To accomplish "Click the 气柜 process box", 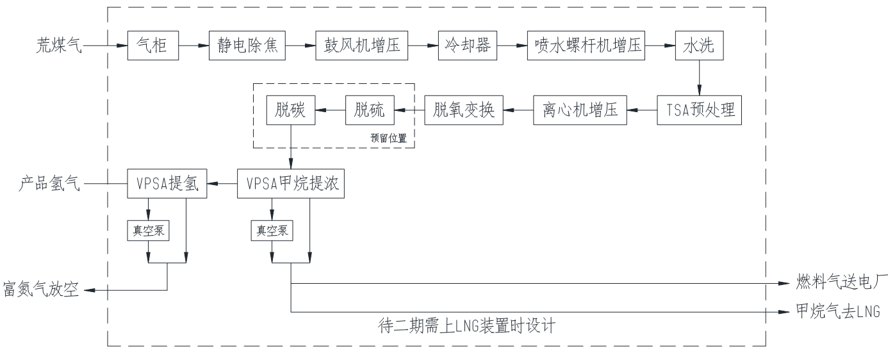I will click(152, 45).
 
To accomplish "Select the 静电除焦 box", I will click(247, 45).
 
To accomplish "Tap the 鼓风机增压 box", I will click(361, 45).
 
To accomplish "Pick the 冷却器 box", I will click(468, 45).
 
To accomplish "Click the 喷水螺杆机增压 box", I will click(586, 45).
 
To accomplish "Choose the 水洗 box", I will click(699, 45).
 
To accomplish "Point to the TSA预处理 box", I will click(699, 110).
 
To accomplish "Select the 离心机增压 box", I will click(580, 110).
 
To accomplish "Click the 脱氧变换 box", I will click(464, 110).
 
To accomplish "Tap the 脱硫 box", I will click(370, 110).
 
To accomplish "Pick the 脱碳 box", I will click(291, 110).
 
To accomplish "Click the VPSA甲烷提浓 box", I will click(291, 184).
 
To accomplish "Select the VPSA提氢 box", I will click(167, 184).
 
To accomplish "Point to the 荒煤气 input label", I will click(60, 45).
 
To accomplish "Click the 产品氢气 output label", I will click(50, 184).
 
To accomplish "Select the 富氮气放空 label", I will click(41, 290).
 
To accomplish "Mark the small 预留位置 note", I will click(388, 138).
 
